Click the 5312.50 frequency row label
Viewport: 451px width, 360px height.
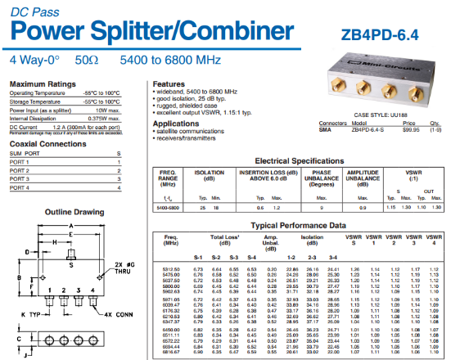click(171, 268)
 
